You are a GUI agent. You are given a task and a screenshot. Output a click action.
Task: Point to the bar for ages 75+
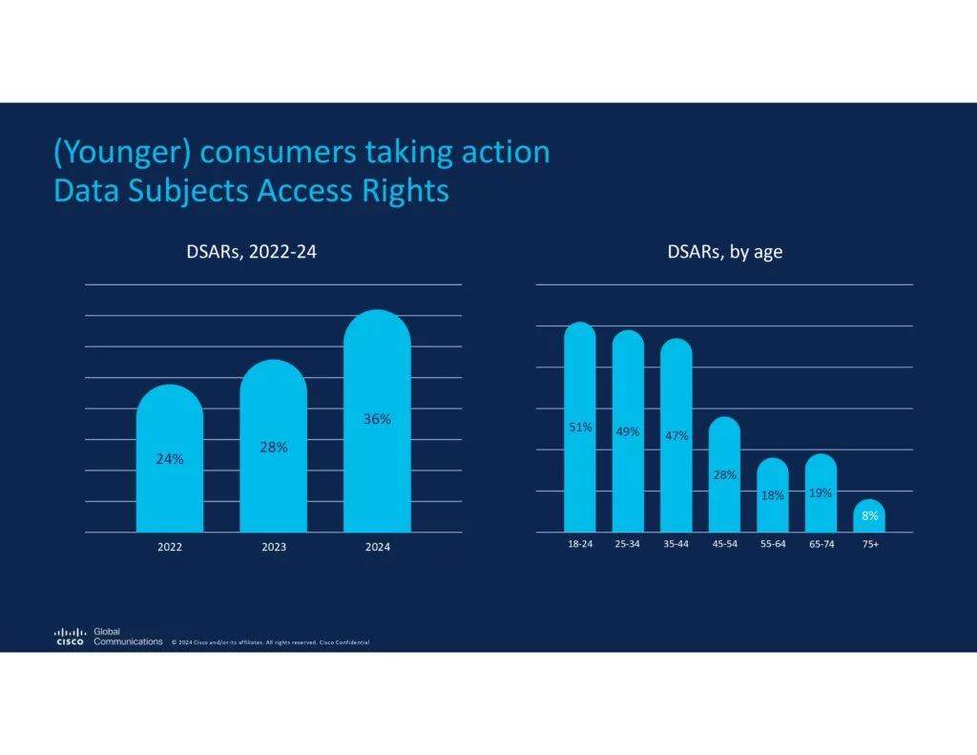[869, 516]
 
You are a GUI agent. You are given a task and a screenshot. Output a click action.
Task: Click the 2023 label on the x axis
[274, 547]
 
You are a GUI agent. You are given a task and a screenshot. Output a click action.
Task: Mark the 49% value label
[628, 431]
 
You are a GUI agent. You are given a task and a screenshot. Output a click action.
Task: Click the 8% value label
[869, 516]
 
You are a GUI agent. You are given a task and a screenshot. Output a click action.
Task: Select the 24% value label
[170, 459]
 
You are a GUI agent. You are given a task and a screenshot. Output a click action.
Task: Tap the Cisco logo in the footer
[70, 637]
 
